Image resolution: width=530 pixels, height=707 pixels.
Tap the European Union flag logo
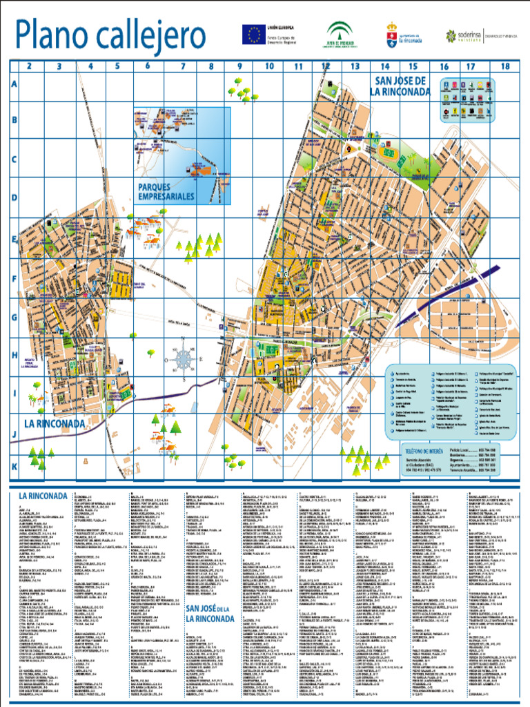[252, 34]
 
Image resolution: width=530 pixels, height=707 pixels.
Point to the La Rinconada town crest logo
[392, 31]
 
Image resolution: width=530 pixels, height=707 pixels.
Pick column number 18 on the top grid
[505, 66]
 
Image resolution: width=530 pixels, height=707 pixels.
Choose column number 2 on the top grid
[29, 66]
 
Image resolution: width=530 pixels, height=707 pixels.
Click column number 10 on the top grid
[269, 66]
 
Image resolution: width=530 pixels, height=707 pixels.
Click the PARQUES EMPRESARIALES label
[166, 192]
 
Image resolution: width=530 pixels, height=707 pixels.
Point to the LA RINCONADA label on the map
[55, 423]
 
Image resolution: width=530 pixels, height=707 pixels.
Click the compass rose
[184, 358]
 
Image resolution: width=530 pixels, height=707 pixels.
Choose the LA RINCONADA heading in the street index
[43, 496]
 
